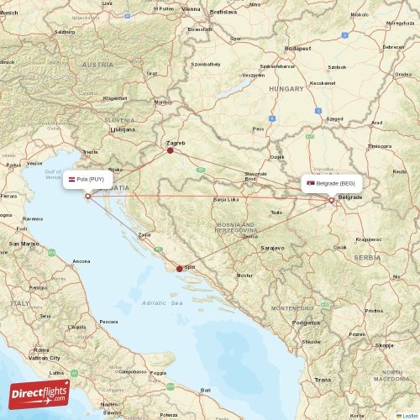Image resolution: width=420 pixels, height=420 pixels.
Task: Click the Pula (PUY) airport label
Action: pyautogui.click(x=87, y=179)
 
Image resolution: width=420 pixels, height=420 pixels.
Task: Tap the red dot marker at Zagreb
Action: pyautogui.click(x=170, y=151)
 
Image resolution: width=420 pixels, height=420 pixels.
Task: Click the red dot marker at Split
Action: pyautogui.click(x=179, y=269)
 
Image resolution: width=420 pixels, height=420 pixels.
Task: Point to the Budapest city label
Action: pyautogui.click(x=298, y=49)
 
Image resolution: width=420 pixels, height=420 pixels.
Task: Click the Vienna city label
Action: pyautogui.click(x=192, y=8)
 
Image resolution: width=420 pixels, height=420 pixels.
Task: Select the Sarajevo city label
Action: pyautogui.click(x=272, y=249)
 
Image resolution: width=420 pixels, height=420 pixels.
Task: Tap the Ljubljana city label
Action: pyautogui.click(x=122, y=130)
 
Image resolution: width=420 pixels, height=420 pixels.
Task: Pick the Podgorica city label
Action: pyautogui.click(x=306, y=322)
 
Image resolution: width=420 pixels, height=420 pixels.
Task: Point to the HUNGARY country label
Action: pyautogui.click(x=286, y=87)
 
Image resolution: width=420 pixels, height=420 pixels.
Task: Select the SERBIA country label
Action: pyautogui.click(x=367, y=257)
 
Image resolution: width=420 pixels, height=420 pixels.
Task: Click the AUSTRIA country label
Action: pyautogui.click(x=97, y=65)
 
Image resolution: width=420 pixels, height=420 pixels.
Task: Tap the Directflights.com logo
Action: pyautogui.click(x=39, y=392)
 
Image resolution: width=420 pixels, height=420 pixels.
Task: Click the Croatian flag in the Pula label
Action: pyautogui.click(x=72, y=179)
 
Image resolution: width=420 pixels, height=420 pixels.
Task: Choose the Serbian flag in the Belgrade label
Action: pyautogui.click(x=311, y=183)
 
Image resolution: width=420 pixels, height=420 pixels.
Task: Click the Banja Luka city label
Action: pyautogui.click(x=225, y=200)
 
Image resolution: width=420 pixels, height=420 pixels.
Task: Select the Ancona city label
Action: pyautogui.click(x=81, y=261)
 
